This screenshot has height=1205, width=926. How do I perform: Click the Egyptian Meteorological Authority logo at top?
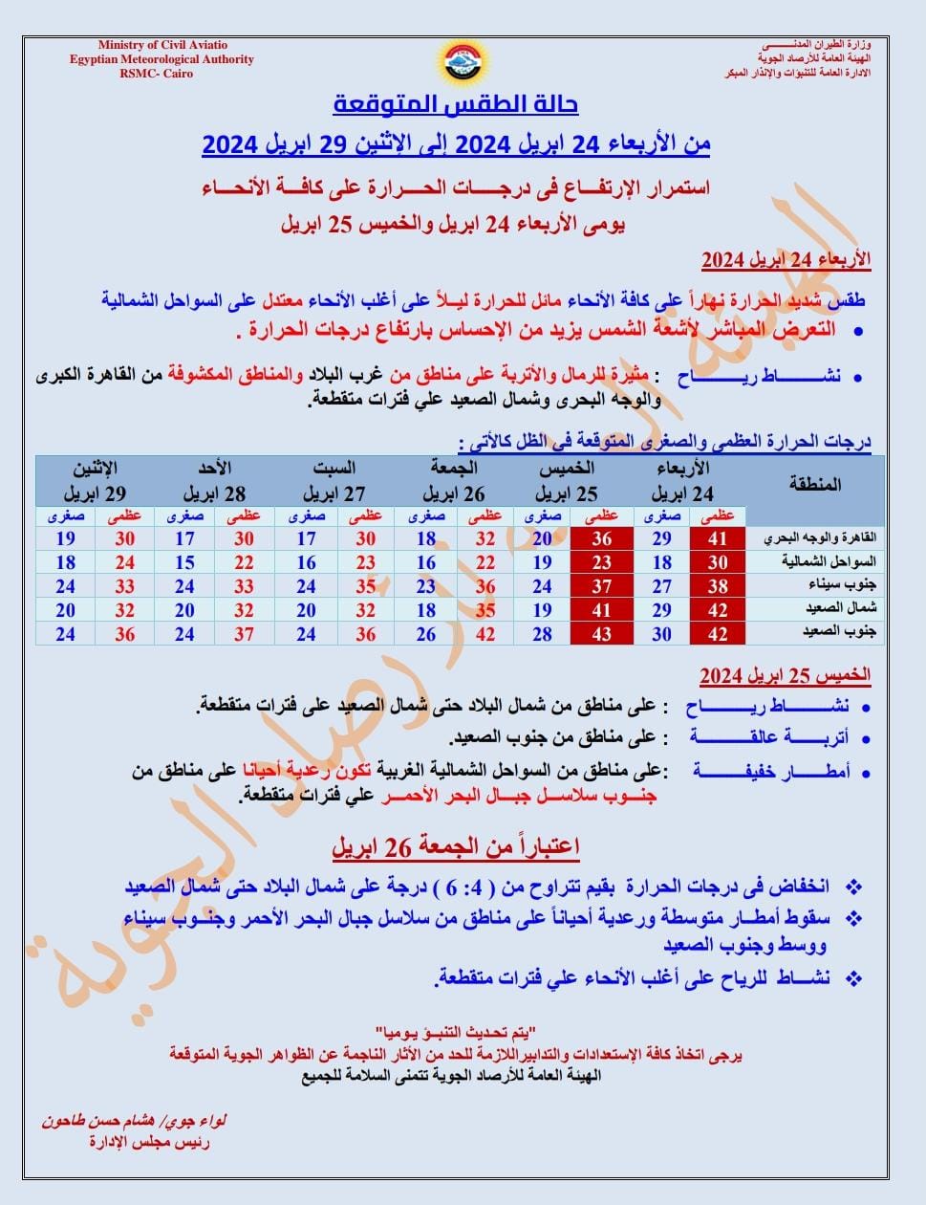[463, 64]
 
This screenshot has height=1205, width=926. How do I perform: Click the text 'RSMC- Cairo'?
[156, 74]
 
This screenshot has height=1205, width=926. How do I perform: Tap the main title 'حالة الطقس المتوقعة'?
[456, 103]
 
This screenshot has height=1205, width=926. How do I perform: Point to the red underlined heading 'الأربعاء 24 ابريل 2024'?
[786, 260]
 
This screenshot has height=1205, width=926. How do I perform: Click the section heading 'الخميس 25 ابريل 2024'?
[785, 676]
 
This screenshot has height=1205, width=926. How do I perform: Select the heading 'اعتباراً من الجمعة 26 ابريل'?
[456, 847]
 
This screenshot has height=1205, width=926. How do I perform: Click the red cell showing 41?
[718, 539]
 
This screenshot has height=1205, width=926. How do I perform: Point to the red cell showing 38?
[718, 586]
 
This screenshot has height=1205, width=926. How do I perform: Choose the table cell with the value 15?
[184, 563]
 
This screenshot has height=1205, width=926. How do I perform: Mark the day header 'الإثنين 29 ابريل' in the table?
[96, 482]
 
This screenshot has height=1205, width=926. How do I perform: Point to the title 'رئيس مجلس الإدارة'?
[149, 1142]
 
